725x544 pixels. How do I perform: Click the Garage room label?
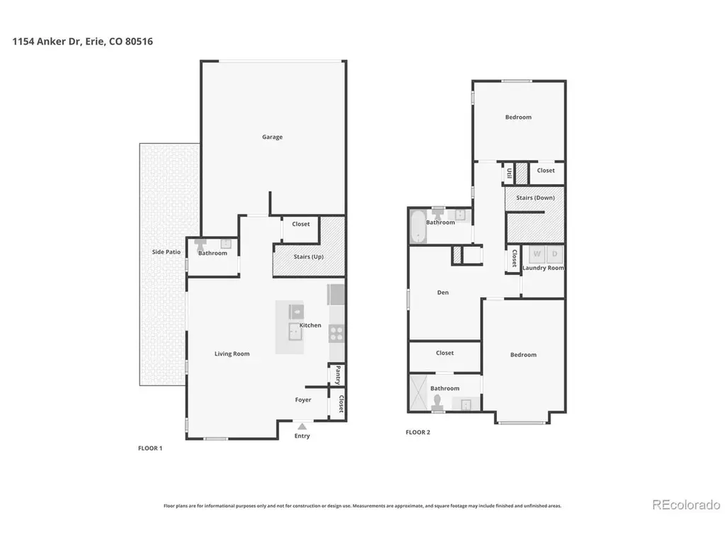coord(272,137)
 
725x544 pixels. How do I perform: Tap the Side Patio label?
coord(166,252)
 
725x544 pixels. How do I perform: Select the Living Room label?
coord(232,354)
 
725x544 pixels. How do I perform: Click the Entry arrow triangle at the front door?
coord(302,426)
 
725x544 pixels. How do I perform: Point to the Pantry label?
coord(338,375)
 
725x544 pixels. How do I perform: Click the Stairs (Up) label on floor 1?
coord(309,256)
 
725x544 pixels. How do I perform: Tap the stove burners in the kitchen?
coord(336,334)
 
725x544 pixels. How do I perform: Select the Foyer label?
coord(303,400)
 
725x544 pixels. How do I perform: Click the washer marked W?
coord(537,254)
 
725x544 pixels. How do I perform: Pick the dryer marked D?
coord(554,254)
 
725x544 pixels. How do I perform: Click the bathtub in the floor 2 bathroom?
coord(418,226)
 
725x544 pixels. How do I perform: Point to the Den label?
coord(443,293)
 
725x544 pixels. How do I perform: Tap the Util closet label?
coord(509,174)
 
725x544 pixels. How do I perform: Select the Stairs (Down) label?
coord(535,198)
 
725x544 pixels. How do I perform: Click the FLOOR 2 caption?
coord(418,433)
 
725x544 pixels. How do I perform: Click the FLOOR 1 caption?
coord(150,448)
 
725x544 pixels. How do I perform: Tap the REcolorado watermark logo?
coord(686,504)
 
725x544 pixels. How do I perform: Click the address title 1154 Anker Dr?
coord(47,41)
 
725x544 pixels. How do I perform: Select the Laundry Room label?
coord(543,268)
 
